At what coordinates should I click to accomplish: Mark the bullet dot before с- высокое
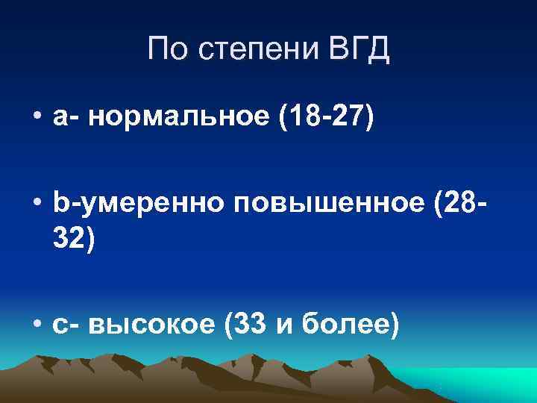37,325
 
